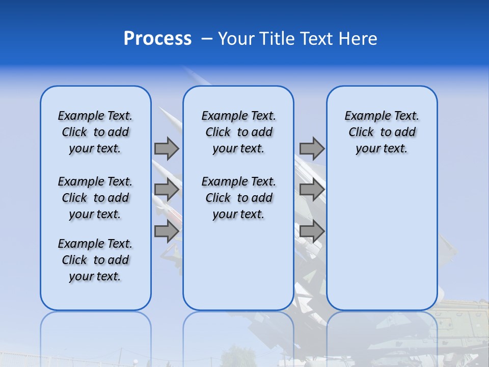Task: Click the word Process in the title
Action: [x=157, y=39]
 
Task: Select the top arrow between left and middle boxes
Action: [x=167, y=148]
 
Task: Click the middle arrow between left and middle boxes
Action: [x=167, y=190]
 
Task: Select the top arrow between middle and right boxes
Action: [x=312, y=148]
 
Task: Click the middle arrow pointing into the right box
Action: [x=312, y=190]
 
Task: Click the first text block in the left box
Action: [x=95, y=132]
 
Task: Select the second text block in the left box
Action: [x=95, y=198]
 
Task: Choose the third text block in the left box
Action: [x=95, y=260]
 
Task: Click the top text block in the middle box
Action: [x=238, y=132]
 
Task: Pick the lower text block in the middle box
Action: [x=238, y=198]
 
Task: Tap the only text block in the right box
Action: [x=382, y=132]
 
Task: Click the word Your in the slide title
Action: [x=235, y=39]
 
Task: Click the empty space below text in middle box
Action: [x=238, y=265]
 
